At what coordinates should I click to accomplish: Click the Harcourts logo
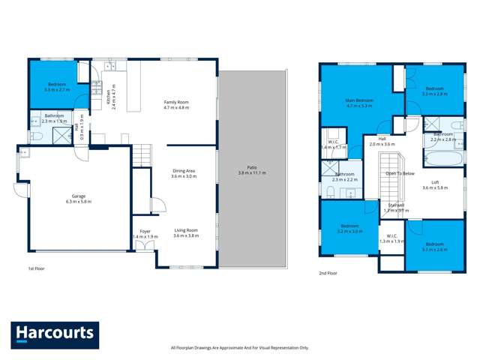(53, 331)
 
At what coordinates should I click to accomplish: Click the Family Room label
(177, 104)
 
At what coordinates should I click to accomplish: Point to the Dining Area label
(184, 174)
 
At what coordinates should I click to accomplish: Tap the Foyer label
(145, 233)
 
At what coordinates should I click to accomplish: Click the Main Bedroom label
(359, 103)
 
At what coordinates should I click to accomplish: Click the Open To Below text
(400, 173)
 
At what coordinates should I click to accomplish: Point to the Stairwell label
(394, 207)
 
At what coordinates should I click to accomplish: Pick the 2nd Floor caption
(328, 273)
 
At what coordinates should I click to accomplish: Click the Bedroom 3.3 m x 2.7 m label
(57, 86)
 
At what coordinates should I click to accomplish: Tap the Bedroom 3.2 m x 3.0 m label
(351, 229)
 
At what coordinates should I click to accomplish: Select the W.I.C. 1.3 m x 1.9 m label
(391, 238)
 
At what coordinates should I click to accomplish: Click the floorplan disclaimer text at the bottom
(239, 347)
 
